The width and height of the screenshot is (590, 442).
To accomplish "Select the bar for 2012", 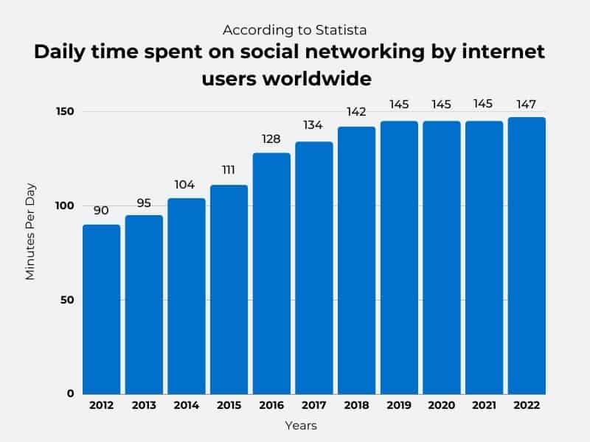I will (x=101, y=309).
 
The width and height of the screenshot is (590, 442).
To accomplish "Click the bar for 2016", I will (x=271, y=273).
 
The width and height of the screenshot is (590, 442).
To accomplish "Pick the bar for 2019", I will (x=399, y=257).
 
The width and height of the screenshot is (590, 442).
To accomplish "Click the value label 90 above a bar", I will (x=101, y=211).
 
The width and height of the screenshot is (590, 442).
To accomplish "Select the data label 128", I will (x=271, y=139).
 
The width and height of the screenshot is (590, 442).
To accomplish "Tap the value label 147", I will (x=527, y=104).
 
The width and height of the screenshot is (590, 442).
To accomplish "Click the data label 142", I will (x=356, y=113).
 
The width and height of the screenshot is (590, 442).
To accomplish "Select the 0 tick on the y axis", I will (x=71, y=393).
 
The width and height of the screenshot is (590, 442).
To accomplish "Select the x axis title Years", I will (x=301, y=426).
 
